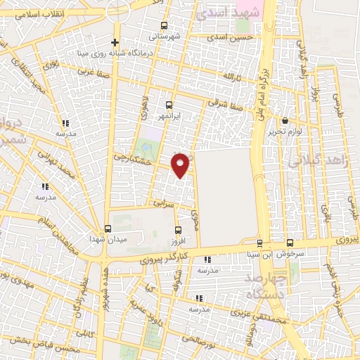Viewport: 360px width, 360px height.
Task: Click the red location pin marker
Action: tap(181, 165)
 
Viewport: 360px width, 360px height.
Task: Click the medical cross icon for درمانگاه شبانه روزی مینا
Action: tap(115, 42)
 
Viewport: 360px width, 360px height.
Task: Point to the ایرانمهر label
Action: tap(169, 115)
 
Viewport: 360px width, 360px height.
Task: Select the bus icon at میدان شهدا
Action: tap(108, 229)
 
